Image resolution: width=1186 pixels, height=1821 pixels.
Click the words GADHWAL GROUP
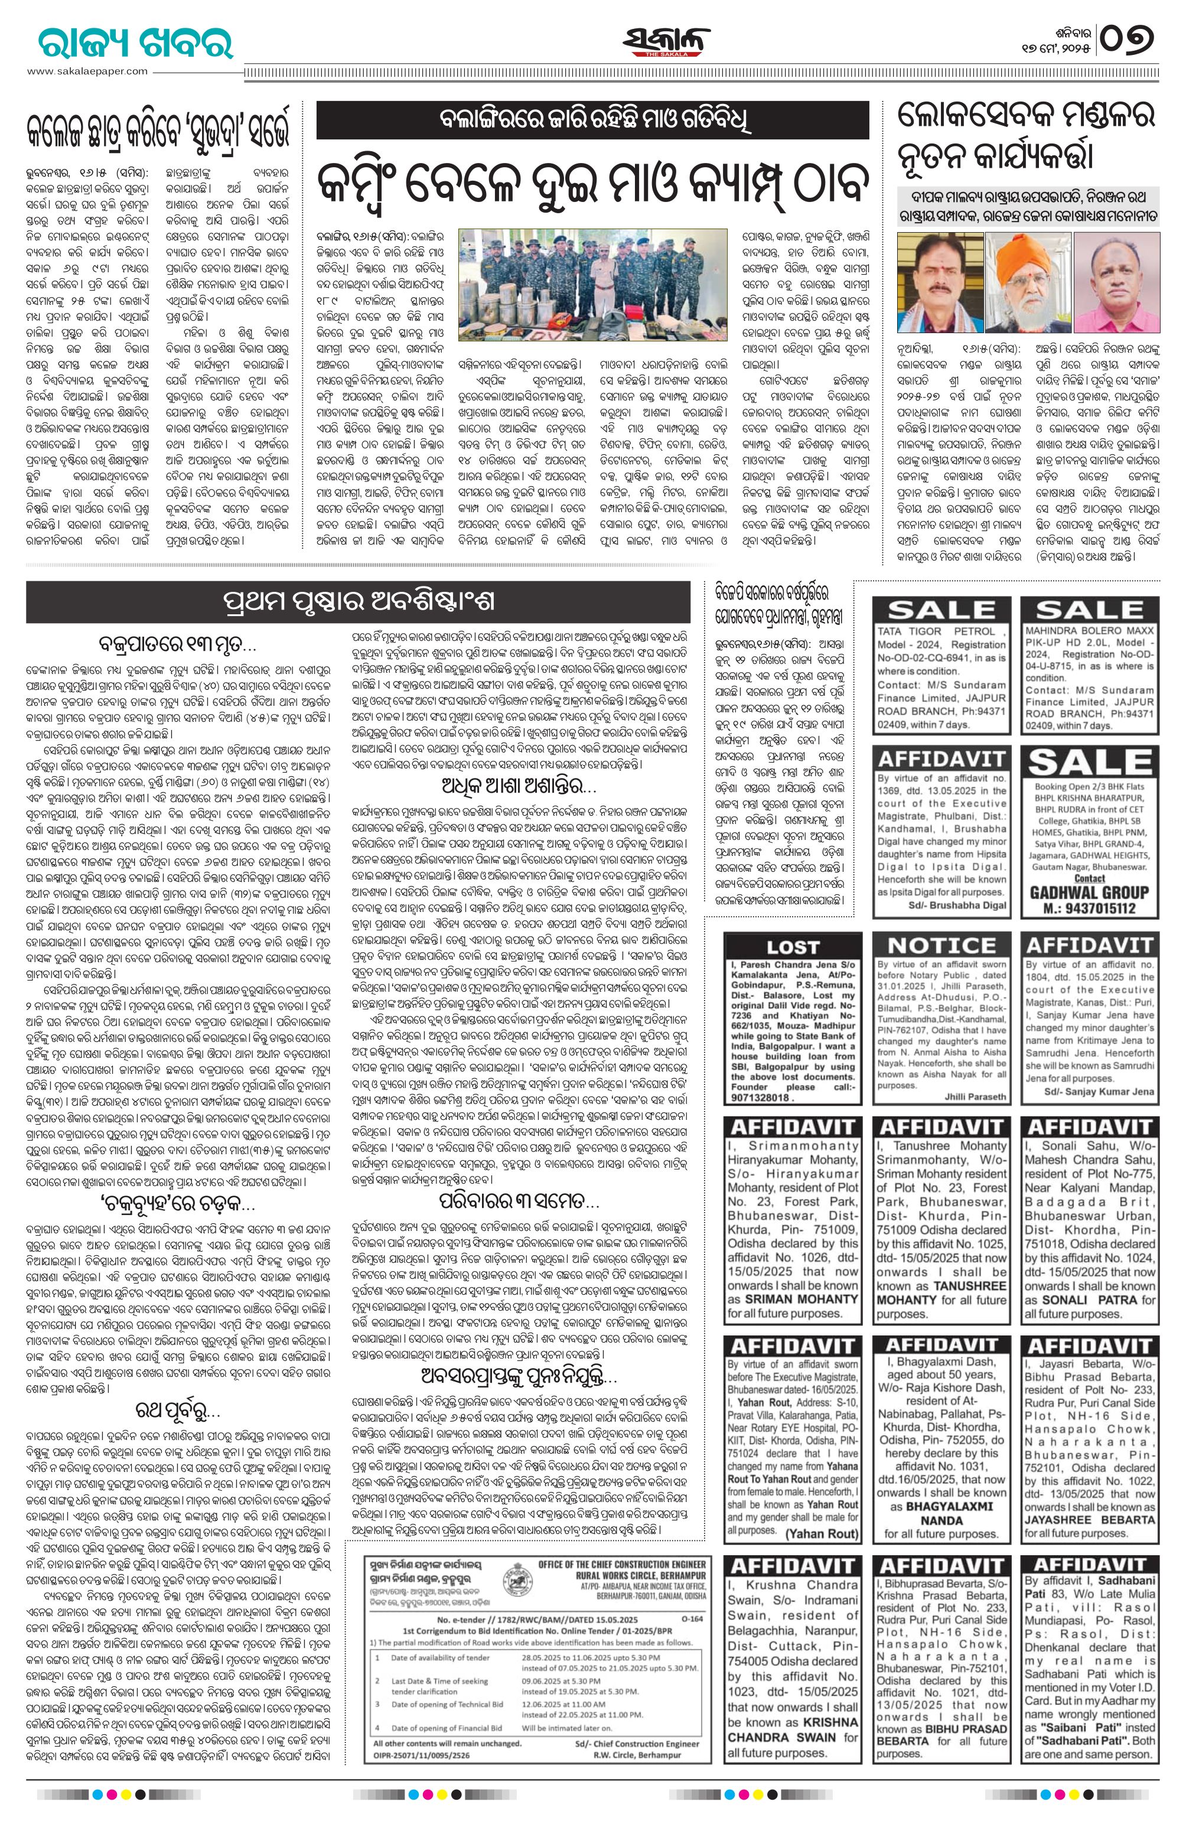click(x=1090, y=891)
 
